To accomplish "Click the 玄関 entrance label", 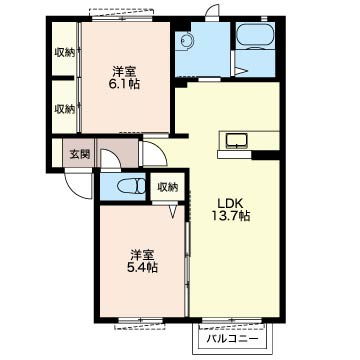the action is (80, 155).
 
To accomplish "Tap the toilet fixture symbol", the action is (131, 186).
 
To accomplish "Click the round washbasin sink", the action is (185, 41).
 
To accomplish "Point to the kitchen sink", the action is (236, 140).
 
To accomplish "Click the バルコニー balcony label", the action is (232, 339).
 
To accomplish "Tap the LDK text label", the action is (227, 203).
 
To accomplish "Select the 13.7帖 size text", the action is (230, 216).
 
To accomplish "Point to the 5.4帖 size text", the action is (142, 267).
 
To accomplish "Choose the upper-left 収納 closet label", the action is (65, 53).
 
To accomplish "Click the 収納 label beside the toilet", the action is (168, 188).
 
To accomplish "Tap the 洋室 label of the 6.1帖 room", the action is (124, 71).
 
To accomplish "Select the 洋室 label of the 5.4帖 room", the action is (142, 255).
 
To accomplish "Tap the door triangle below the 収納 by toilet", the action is (173, 212).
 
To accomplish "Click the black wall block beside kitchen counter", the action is (265, 155).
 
